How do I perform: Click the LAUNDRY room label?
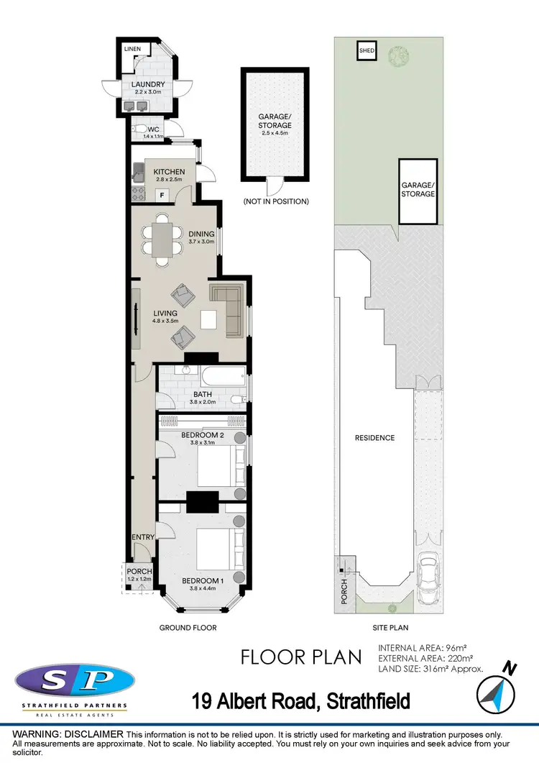[x=148, y=85]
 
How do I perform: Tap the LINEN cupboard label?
[x=133, y=49]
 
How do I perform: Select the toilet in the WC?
[x=139, y=130]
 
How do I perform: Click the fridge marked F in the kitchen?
[x=162, y=194]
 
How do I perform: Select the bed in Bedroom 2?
[x=216, y=468]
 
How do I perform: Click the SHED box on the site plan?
[x=367, y=51]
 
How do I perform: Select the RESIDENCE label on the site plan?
[x=374, y=438]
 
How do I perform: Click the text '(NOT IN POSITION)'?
[x=276, y=202]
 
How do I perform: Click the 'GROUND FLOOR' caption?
[x=188, y=628]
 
